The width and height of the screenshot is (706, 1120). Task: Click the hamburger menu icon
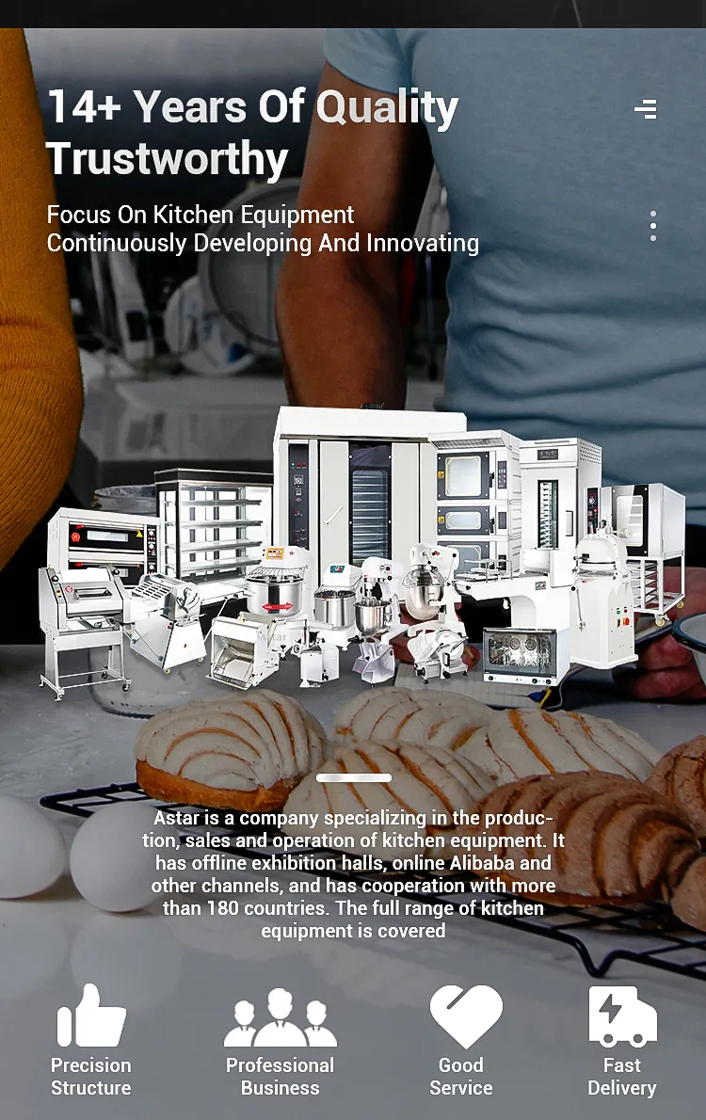[x=645, y=109]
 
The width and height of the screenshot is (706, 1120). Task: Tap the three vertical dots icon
[x=652, y=226]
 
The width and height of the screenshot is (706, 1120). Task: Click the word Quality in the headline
[x=387, y=107]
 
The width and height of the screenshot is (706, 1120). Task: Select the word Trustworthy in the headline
[x=168, y=158]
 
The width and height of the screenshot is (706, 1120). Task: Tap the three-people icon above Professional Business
[x=281, y=1017]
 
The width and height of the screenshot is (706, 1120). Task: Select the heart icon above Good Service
[x=466, y=1016]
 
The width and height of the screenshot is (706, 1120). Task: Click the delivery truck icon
[x=622, y=1016]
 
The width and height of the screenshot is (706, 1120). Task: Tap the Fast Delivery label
[x=621, y=1077]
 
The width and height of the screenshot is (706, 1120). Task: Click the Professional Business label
[x=281, y=1077]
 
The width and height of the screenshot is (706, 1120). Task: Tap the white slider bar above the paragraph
[x=354, y=777]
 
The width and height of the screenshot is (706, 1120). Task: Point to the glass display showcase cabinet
[x=213, y=525]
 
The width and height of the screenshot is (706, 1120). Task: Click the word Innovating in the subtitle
[x=423, y=244]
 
